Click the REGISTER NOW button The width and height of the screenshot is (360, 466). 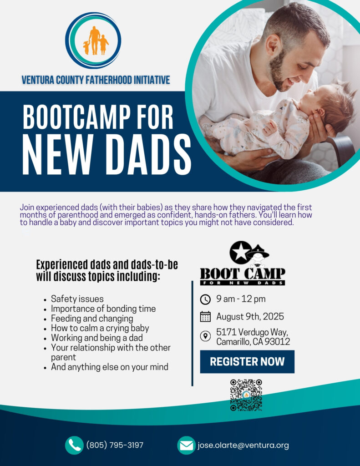pos(247,361)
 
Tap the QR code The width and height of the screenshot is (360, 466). pos(246,395)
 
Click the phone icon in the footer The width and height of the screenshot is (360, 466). pos(74,445)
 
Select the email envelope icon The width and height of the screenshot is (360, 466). pos(187,445)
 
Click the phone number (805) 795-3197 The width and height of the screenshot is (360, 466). pos(115,445)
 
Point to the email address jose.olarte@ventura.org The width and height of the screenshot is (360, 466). pos(243,445)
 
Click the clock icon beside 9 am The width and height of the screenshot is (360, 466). pos(205,299)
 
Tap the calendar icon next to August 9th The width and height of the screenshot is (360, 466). pos(205,317)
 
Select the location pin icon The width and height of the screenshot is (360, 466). pos(205,336)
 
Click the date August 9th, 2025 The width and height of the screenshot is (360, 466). pos(250,317)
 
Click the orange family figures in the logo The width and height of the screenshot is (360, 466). pos(95,41)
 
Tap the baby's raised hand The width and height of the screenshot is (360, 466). pos(269,127)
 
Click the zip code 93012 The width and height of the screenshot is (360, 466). pos(277,342)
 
